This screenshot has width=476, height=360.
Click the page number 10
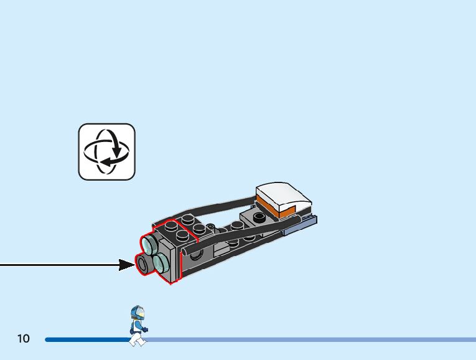[23, 339]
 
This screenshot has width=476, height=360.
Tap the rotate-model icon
[106, 151]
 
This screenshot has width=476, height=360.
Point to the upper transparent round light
[151, 243]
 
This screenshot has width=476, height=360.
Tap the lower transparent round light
[161, 263]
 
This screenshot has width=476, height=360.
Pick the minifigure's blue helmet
[137, 312]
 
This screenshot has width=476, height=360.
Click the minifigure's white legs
[136, 338]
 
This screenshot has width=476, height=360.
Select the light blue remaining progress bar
[311, 339]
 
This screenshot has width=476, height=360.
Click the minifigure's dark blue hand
[145, 329]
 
